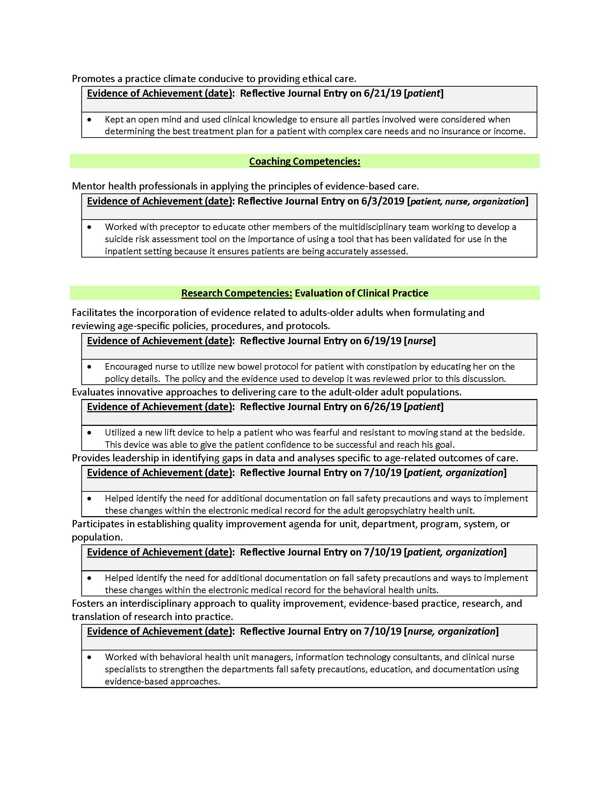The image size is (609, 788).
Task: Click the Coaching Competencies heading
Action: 304,161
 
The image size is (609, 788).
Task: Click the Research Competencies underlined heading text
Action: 236,293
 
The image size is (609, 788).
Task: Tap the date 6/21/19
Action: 383,93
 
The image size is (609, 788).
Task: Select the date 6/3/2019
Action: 383,201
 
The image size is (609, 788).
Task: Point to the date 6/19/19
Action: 383,341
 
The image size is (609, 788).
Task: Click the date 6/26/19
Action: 383,407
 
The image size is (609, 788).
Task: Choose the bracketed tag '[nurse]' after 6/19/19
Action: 419,341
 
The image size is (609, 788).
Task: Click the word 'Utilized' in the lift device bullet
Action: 121,432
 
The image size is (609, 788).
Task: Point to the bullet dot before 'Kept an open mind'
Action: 90,119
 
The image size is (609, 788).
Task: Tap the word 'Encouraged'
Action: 129,366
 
